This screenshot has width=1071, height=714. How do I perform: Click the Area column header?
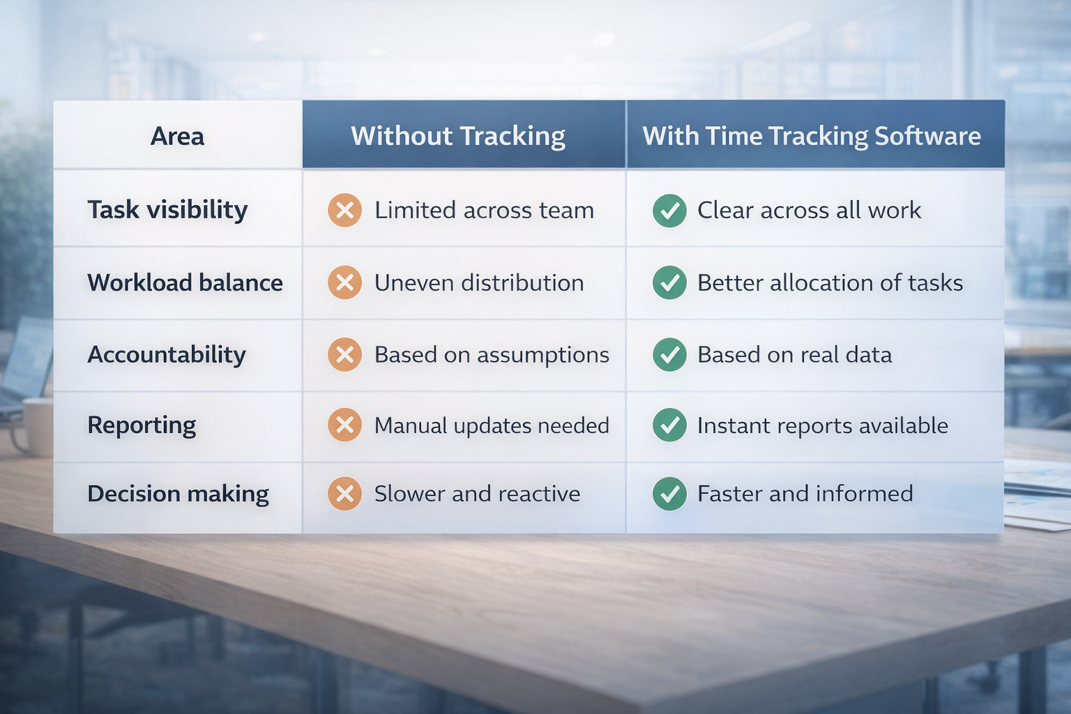pos(177,136)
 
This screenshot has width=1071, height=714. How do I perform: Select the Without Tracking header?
pos(458,136)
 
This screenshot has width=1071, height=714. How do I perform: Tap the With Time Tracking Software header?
pos(812,136)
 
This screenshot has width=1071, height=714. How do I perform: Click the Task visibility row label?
pos(167,210)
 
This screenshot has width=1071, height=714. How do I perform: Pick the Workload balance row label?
pos(185,282)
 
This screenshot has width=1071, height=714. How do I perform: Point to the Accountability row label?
pos(167,355)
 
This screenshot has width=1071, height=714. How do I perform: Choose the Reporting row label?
pos(142,425)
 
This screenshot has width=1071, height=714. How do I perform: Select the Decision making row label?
pos(178,494)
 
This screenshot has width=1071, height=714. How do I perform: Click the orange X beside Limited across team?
pos(344,210)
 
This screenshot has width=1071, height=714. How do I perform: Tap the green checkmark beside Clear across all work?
pos(669,210)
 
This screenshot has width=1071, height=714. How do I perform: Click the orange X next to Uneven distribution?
pos(344,282)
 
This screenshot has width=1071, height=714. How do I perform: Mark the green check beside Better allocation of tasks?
pos(669,282)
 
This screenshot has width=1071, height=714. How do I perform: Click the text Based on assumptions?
pos(492,355)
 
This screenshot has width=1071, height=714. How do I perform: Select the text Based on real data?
pos(794,355)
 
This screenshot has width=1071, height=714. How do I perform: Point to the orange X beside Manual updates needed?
pos(344,425)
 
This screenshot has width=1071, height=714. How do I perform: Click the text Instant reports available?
pos(823,425)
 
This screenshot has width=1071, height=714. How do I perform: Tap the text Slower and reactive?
pos(477,494)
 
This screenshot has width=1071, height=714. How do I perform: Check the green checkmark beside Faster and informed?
pos(669,494)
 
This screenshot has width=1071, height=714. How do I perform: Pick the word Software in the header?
pos(927,136)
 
